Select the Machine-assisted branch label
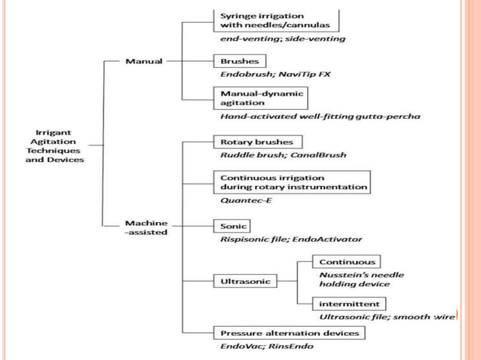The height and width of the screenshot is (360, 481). (147, 227)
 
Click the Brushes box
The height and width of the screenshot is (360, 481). (240, 60)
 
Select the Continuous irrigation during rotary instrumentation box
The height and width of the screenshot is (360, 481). (293, 182)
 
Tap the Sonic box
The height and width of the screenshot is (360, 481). (234, 225)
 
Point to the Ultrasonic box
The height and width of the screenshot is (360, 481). (246, 281)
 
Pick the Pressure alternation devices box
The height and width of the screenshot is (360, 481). (290, 332)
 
